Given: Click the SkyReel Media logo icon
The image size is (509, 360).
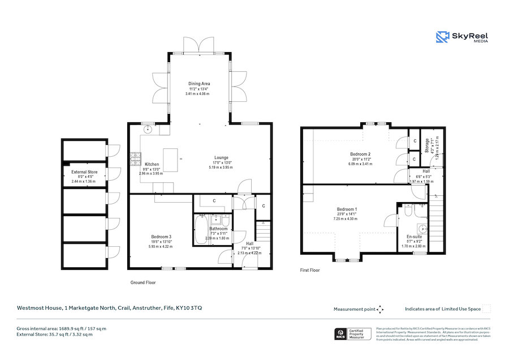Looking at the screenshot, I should (x=442, y=37).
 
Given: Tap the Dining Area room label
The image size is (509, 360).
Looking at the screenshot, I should (x=199, y=84).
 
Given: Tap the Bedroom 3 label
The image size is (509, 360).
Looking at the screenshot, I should (x=161, y=237).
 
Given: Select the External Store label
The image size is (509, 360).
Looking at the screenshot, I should (x=84, y=172).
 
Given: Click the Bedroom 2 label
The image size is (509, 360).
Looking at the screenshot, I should (x=360, y=154).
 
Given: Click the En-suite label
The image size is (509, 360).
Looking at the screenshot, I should (x=415, y=237).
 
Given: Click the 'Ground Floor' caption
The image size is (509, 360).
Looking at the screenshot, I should (x=143, y=282).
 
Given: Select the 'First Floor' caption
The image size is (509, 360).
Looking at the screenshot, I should (x=309, y=271).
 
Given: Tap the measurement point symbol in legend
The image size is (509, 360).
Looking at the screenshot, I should (x=380, y=309).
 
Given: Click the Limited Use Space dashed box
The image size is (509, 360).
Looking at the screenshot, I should (x=486, y=308).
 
